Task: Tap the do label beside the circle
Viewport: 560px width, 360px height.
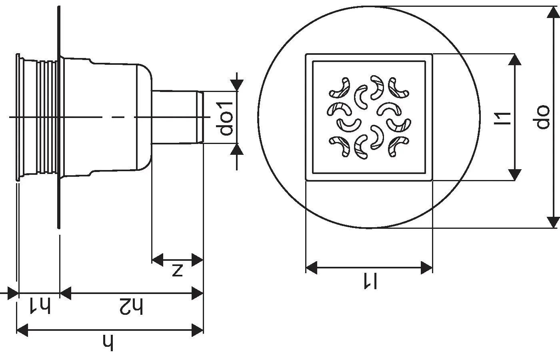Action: pos(543,117)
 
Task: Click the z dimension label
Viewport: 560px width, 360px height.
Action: pos(177,270)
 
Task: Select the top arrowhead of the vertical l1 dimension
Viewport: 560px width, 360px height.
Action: pos(514,60)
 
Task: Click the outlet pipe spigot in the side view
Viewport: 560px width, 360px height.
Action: pos(176,117)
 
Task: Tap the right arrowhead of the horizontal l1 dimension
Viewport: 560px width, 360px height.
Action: pos(426,268)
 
